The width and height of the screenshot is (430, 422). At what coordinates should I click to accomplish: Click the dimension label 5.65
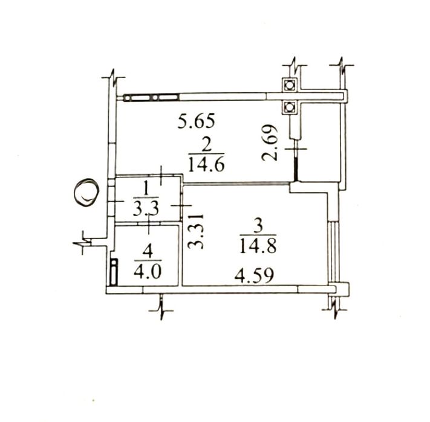pyautogui.click(x=196, y=121)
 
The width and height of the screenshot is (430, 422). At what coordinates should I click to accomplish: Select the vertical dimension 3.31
pyautogui.click(x=196, y=231)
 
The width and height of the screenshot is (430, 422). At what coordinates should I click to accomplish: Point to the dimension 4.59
pyautogui.click(x=254, y=276)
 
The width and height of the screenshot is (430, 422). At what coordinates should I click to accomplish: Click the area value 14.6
pyautogui.click(x=206, y=165)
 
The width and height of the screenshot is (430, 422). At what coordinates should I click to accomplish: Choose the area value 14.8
pyautogui.click(x=258, y=246)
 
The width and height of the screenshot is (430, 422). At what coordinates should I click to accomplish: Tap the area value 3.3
pyautogui.click(x=146, y=209)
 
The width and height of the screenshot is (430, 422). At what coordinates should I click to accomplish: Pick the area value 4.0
pyautogui.click(x=148, y=272)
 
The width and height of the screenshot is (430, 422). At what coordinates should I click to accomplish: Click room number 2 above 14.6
pyautogui.click(x=206, y=146)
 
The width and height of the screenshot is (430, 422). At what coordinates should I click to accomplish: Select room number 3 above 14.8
pyautogui.click(x=258, y=226)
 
